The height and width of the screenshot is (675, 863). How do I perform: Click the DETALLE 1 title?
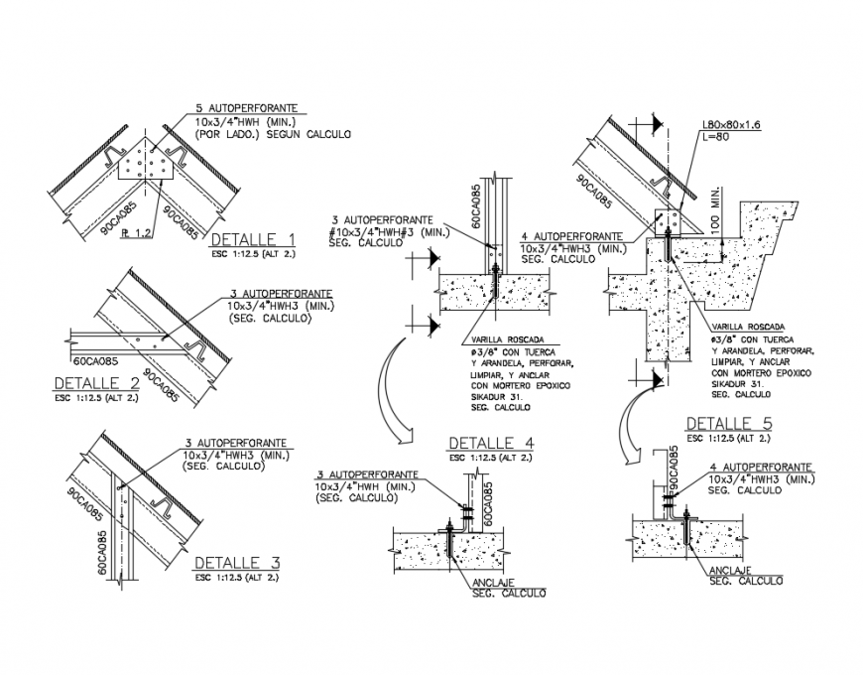pos(252,238)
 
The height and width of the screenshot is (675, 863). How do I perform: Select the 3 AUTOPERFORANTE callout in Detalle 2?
pos(280,295)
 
